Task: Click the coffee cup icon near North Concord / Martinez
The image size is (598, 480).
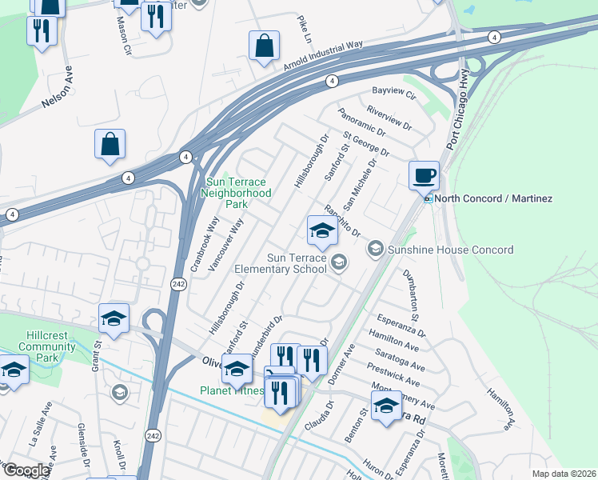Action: point(424,174)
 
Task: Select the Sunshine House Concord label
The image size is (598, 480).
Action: point(450,250)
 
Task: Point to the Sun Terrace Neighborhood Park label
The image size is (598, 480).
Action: point(238,193)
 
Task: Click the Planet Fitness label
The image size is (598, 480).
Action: point(232,390)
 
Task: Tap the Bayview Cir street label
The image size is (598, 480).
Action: point(394,93)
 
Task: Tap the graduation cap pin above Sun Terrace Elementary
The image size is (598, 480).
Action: point(321,230)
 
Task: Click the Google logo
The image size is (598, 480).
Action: point(26,470)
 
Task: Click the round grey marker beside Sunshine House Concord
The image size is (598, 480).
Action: point(375,250)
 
